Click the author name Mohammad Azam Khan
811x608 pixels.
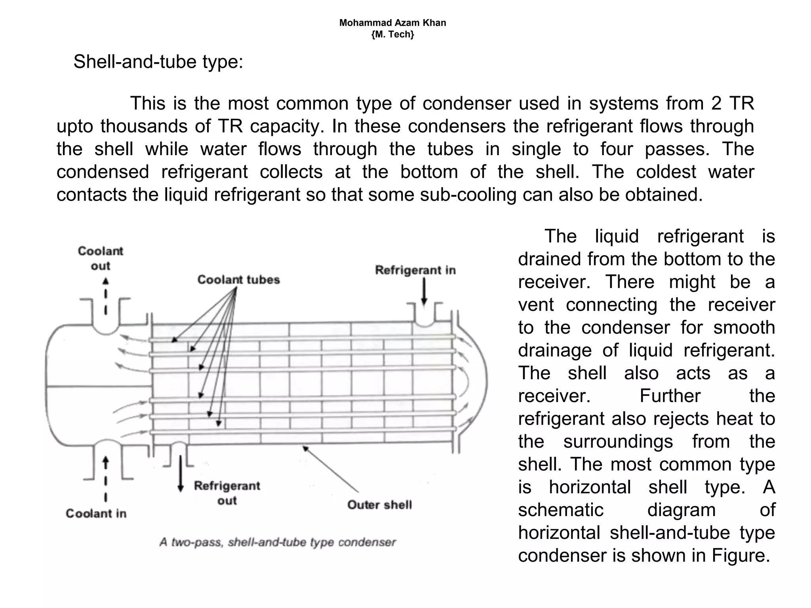pos(392,23)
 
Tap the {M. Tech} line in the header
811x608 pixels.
pos(392,34)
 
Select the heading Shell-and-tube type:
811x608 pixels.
pos(158,62)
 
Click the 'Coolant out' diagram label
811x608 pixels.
pos(100,258)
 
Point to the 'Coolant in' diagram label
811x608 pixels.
pos(96,513)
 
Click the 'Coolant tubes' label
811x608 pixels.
pos(238,279)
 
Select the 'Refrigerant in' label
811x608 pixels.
pos(415,270)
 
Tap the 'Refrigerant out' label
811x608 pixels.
pos(227,493)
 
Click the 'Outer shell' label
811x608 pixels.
pos(379,505)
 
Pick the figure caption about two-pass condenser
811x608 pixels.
pos(278,542)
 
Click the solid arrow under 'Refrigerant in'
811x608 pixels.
pos(424,291)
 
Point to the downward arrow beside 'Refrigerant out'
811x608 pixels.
pos(181,473)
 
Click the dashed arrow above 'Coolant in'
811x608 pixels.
pos(105,479)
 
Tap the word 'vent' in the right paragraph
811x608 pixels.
pos(536,305)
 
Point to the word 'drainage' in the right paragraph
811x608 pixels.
pos(554,350)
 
